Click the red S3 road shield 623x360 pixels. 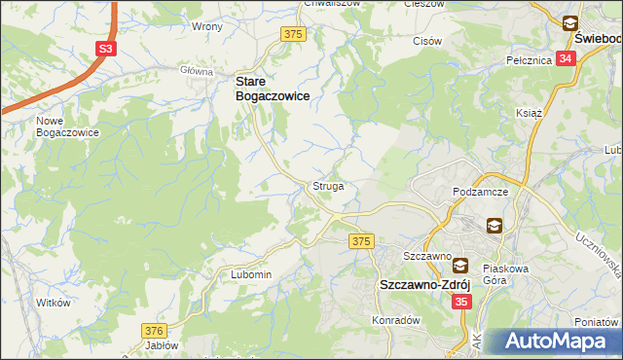105,47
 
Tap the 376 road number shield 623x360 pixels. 153,331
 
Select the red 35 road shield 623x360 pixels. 461,303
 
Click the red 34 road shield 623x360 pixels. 568,58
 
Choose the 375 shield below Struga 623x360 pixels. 362,240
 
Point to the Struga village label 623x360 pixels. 328,185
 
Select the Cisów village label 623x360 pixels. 427,41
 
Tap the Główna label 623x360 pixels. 197,71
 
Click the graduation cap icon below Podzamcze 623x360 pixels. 495,226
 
